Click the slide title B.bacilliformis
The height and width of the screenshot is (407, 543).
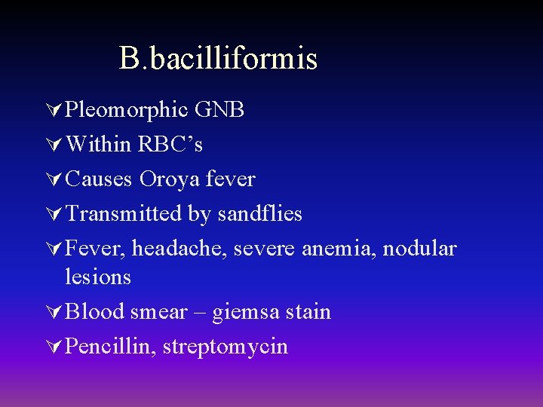point(218,59)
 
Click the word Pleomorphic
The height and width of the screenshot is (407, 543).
point(127,110)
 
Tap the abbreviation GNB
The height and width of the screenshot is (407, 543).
point(219,110)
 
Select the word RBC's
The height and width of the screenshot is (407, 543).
point(170,144)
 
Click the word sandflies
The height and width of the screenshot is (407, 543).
point(259,214)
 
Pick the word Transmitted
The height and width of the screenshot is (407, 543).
point(124,214)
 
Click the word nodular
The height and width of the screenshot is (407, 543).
point(420,249)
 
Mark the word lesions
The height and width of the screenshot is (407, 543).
point(98,277)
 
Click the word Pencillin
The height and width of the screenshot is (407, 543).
point(110,347)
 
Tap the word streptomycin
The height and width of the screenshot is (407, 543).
point(225,347)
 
